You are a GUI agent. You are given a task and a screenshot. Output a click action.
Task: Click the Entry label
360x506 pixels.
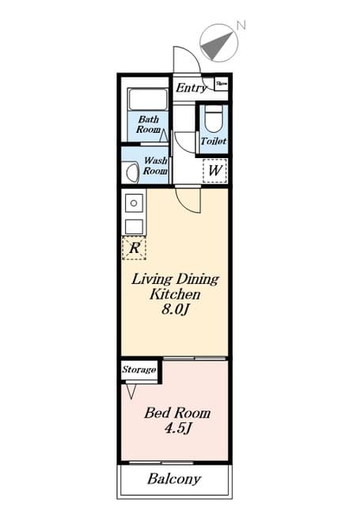[x=191, y=88]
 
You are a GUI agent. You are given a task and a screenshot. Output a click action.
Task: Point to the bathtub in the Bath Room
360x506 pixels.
[x=148, y=99]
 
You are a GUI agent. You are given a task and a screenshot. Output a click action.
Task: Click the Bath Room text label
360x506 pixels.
[x=148, y=124]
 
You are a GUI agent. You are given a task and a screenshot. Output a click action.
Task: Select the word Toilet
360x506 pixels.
[x=214, y=141]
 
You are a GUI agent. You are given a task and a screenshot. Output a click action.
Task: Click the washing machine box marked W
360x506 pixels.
[x=214, y=170]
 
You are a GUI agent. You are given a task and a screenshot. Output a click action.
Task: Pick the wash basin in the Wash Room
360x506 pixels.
[x=130, y=171]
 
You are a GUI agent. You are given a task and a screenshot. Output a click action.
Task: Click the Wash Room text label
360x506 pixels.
[x=154, y=165]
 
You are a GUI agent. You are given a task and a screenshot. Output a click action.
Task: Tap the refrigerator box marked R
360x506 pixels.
[x=135, y=248]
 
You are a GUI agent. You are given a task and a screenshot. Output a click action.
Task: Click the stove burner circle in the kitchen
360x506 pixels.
[x=134, y=203]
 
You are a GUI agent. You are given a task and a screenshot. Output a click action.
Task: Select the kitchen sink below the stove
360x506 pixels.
[x=134, y=226]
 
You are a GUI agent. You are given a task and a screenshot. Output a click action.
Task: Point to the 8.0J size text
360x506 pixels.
[x=174, y=309]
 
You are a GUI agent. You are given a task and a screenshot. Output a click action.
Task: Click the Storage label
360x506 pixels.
[x=139, y=369]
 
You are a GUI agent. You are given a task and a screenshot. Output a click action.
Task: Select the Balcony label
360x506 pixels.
[x=174, y=479]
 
